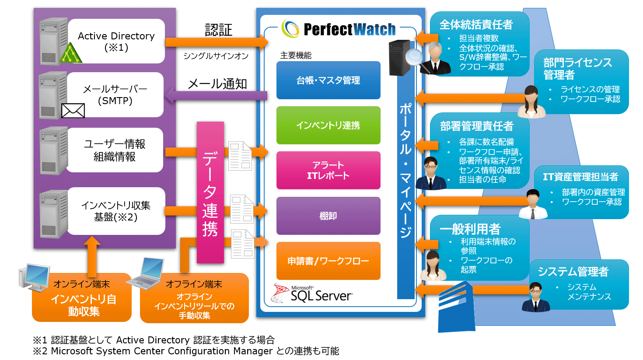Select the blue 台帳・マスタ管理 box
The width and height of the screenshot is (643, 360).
coord(328,80)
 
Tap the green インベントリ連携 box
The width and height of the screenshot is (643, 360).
coord(328,125)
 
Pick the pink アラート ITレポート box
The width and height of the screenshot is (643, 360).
coord(328,170)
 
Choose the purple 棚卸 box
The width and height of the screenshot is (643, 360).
coord(328,216)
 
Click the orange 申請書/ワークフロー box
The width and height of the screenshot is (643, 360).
coord(328,261)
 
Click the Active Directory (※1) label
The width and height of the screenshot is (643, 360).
coord(116,41)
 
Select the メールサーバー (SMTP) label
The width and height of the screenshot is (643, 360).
coord(115,94)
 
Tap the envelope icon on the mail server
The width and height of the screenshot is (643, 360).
coord(73,110)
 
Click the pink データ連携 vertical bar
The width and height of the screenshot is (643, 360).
coord(210,192)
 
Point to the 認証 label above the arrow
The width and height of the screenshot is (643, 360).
coord(218,30)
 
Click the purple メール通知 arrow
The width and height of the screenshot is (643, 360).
coord(216,95)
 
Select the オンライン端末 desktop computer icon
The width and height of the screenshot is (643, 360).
coord(35,276)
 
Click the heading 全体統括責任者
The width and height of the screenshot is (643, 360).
coord(476,24)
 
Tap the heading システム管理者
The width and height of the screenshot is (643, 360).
coord(573,272)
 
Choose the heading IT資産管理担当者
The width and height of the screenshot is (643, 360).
coord(580,177)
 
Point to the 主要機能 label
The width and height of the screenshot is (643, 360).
coord(296,55)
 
